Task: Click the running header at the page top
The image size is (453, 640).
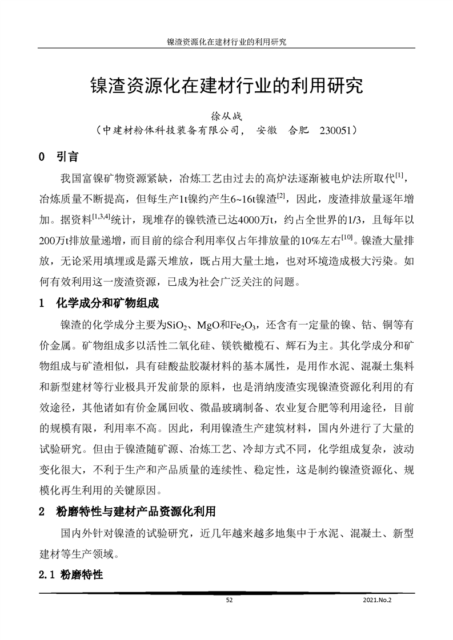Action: (226, 42)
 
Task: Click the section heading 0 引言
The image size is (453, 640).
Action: (58, 156)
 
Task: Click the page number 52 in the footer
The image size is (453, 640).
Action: (229, 600)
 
